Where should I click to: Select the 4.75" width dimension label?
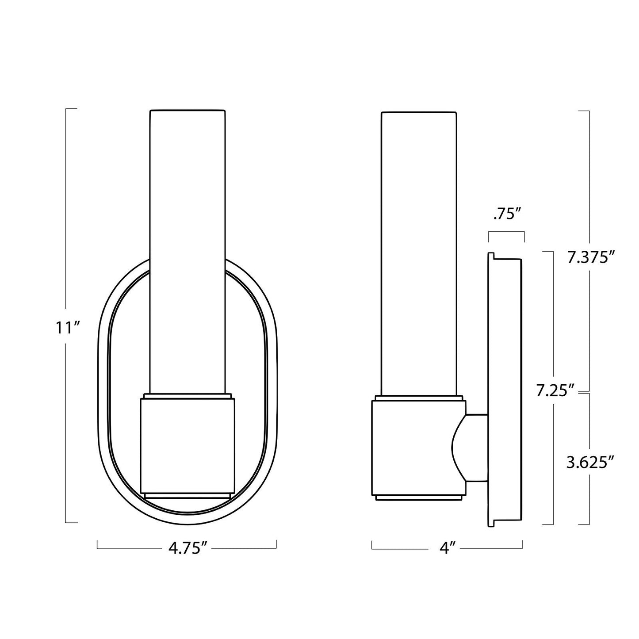187,548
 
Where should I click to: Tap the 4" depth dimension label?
447,548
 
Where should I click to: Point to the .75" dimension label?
506,215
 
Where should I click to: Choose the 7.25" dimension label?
555,390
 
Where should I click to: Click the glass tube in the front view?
187,248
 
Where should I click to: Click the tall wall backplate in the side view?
505,389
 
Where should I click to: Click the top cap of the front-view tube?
187,111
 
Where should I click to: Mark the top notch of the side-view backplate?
491,256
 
